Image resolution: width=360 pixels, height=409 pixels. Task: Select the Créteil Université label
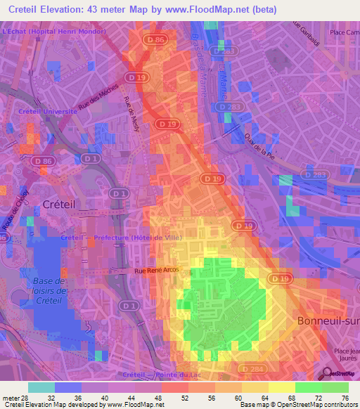tap(48, 112)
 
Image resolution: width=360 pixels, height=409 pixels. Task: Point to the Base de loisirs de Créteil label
tap(49, 291)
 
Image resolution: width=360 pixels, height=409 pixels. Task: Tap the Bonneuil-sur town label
tap(324, 320)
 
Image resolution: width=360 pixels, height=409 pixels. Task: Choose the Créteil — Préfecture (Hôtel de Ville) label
tap(122, 238)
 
